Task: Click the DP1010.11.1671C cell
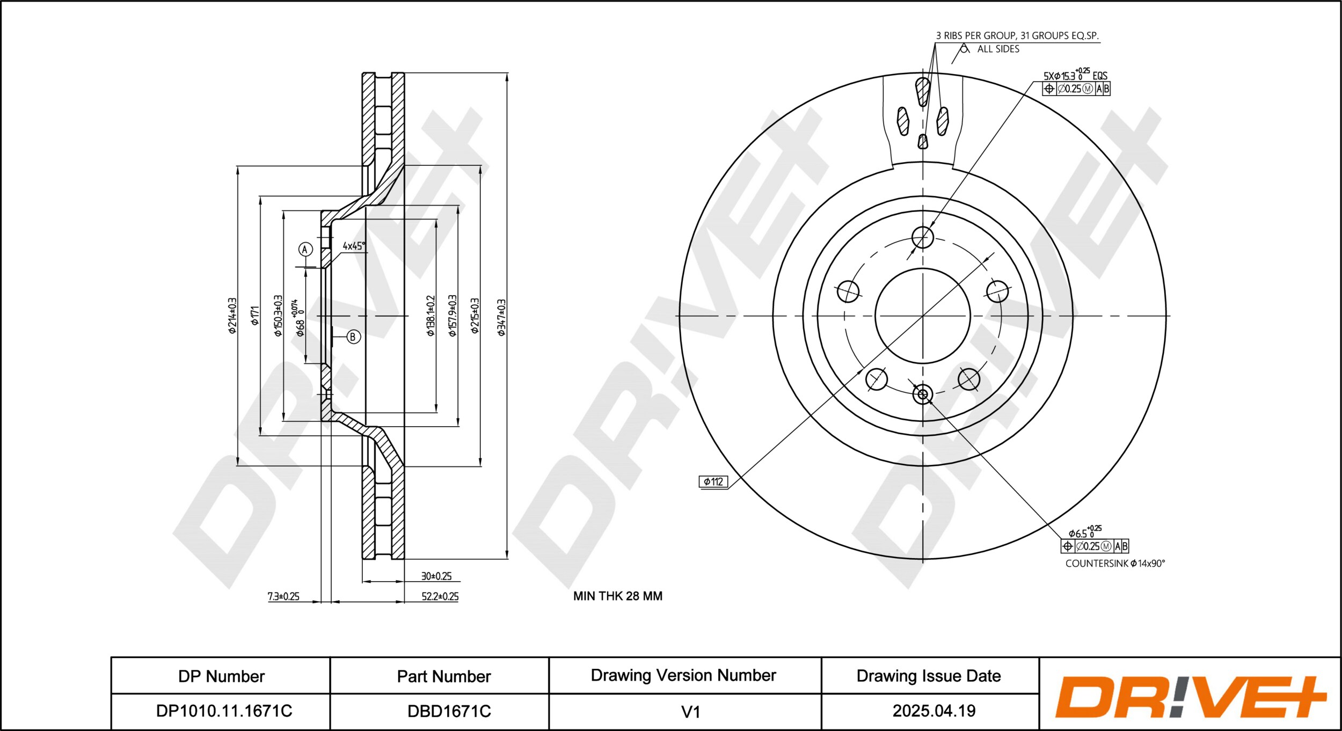pyautogui.click(x=224, y=711)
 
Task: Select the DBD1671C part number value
pyautogui.click(x=449, y=711)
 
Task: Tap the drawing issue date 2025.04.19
pyautogui.click(x=933, y=711)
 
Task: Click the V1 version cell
pyautogui.click(x=690, y=712)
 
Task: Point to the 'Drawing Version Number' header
pyautogui.click(x=683, y=675)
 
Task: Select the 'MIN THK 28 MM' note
pyautogui.click(x=617, y=596)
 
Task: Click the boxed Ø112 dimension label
pyautogui.click(x=713, y=481)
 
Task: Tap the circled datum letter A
pyautogui.click(x=305, y=249)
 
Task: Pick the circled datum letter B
pyautogui.click(x=353, y=337)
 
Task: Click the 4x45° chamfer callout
pyautogui.click(x=354, y=246)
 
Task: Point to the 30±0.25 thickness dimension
pyautogui.click(x=436, y=576)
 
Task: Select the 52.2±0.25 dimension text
pyautogui.click(x=440, y=596)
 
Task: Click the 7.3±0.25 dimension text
pyautogui.click(x=283, y=596)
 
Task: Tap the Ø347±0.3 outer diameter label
pyautogui.click(x=501, y=317)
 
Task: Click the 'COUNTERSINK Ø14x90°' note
pyautogui.click(x=1114, y=563)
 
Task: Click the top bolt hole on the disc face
pyautogui.click(x=923, y=237)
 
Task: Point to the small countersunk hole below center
pyautogui.click(x=923, y=394)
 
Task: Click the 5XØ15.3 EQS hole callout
pyautogui.click(x=1075, y=76)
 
